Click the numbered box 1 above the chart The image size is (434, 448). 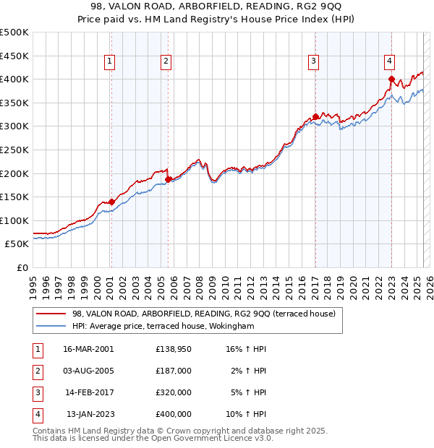109,62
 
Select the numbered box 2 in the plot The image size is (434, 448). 166,62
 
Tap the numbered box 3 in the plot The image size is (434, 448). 314,62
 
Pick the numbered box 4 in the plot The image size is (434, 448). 389,62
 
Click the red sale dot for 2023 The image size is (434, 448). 391,79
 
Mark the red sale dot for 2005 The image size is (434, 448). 168,179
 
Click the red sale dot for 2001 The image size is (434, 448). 111,202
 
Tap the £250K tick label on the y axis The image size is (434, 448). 14,150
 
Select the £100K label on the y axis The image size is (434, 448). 14,220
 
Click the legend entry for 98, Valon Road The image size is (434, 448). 203,314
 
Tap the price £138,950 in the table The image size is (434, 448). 173,349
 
